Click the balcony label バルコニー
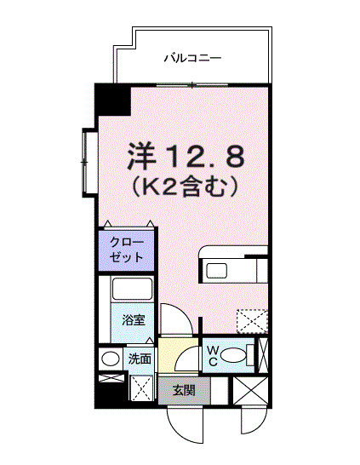192,59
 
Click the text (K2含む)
185,183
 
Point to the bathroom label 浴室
133,321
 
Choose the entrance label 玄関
184,391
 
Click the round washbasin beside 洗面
110,359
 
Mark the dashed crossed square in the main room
251,321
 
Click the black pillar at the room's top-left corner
111,101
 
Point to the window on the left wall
87,161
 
